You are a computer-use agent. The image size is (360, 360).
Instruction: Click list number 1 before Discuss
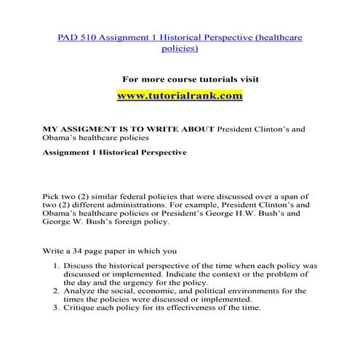69,266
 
